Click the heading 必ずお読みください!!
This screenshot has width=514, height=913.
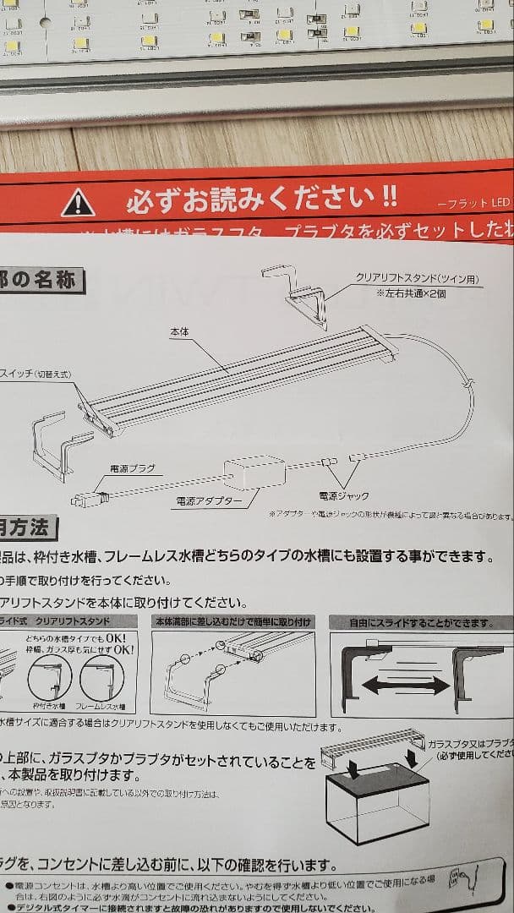click(261, 200)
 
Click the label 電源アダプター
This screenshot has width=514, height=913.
click(209, 501)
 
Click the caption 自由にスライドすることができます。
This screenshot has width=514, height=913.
click(420, 624)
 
